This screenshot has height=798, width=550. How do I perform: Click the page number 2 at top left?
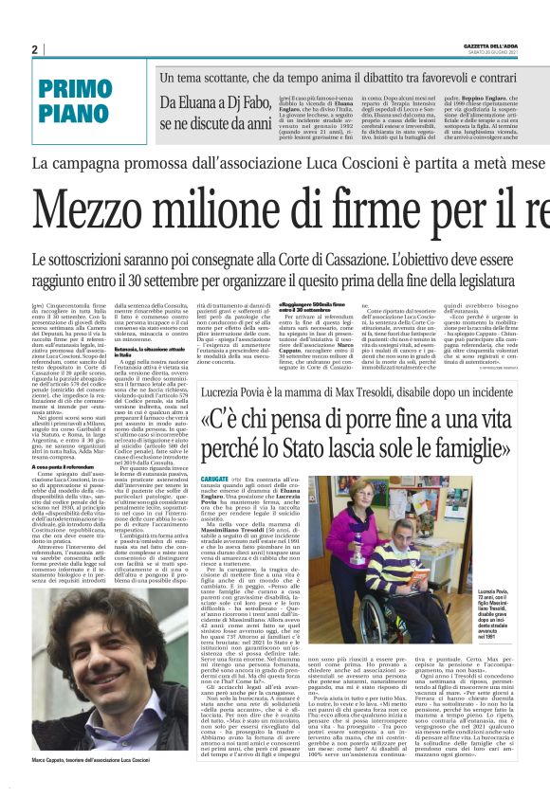click(x=34, y=49)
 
